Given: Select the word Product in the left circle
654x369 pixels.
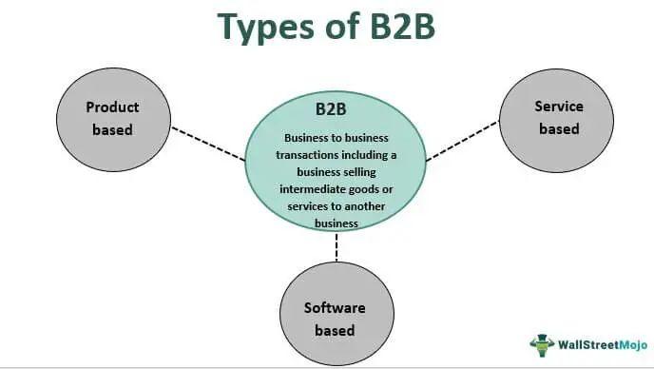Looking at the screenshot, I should click(x=112, y=107).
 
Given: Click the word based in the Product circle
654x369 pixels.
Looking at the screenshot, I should click(x=112, y=129).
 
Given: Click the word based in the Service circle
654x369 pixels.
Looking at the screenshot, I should click(x=559, y=128).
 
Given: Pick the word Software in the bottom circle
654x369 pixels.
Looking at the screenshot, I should click(x=335, y=308).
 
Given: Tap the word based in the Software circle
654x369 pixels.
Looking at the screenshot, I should click(x=335, y=330).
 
